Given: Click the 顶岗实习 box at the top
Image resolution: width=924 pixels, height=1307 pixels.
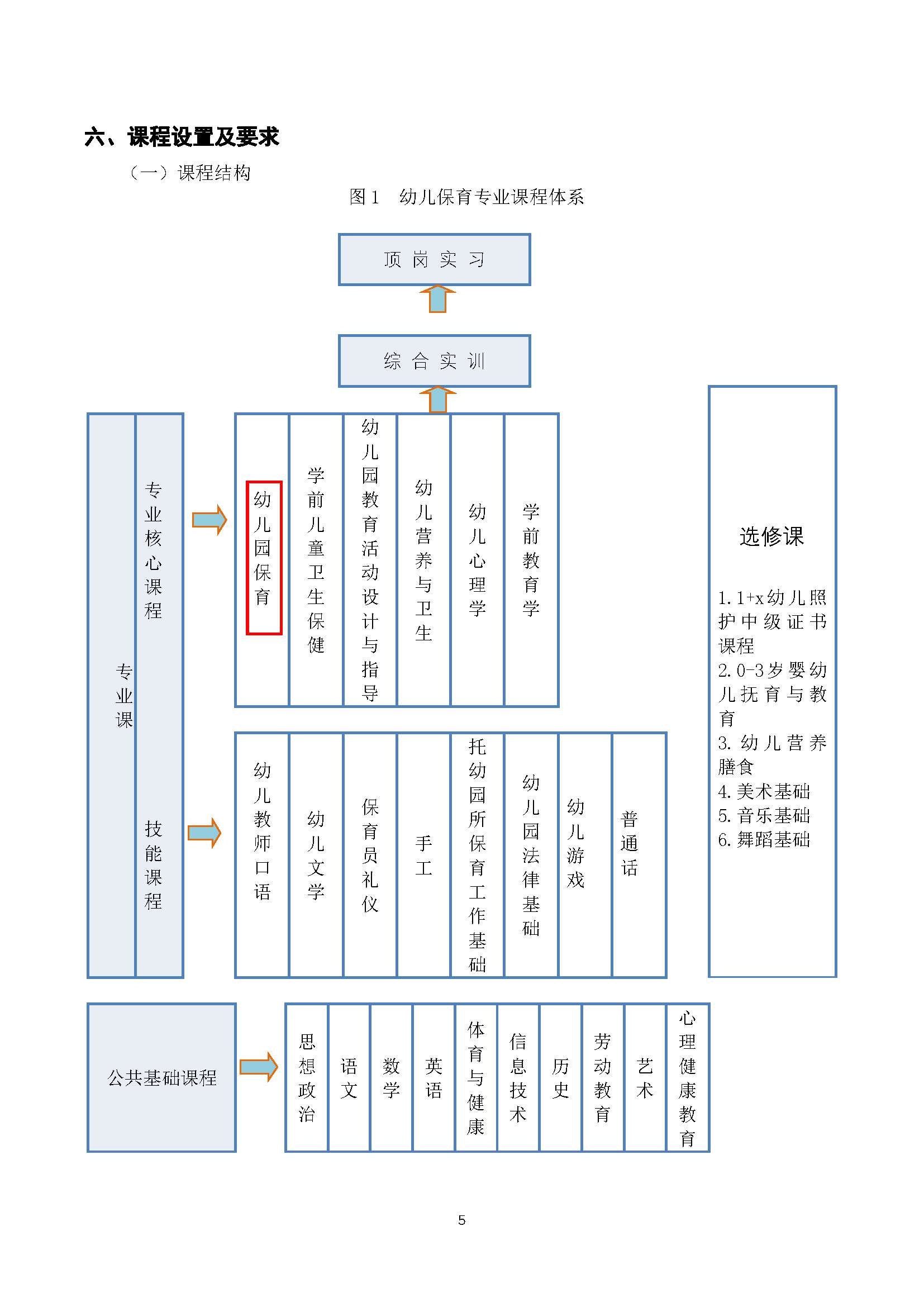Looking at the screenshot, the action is (434, 260).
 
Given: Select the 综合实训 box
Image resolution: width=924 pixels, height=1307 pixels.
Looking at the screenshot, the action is (434, 361).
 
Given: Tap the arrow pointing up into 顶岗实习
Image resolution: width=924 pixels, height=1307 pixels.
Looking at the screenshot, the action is (437, 299).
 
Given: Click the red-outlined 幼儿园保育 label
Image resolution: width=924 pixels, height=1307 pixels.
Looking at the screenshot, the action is (264, 557).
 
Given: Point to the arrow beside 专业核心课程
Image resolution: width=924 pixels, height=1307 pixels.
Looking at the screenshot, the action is (209, 519).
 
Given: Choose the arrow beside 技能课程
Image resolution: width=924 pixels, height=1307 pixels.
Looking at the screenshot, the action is (204, 833).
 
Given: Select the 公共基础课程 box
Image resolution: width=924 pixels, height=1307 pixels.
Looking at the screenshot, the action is (161, 1077).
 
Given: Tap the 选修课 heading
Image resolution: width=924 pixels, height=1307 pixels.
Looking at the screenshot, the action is (771, 536).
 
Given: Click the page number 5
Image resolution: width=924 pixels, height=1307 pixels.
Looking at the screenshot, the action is (462, 1220).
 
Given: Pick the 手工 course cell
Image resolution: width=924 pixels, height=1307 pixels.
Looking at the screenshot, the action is (424, 855).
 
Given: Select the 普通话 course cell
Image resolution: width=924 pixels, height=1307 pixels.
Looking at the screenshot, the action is (639, 855).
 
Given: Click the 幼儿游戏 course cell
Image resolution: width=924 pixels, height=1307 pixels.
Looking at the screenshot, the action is (585, 855).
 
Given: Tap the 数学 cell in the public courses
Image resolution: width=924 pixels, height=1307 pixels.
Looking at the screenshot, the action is (392, 1077).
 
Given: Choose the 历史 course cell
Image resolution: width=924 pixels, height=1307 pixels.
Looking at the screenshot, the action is (560, 1077).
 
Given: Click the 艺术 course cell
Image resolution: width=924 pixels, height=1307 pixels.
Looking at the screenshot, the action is (645, 1077).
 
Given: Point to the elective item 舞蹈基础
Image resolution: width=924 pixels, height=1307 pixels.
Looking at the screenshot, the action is (764, 840).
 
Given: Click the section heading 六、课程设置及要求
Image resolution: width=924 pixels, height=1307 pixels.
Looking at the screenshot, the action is (182, 136).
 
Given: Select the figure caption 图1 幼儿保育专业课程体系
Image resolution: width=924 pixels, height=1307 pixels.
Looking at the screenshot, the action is (466, 197).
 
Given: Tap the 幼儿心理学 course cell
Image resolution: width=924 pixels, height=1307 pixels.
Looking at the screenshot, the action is (477, 560).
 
